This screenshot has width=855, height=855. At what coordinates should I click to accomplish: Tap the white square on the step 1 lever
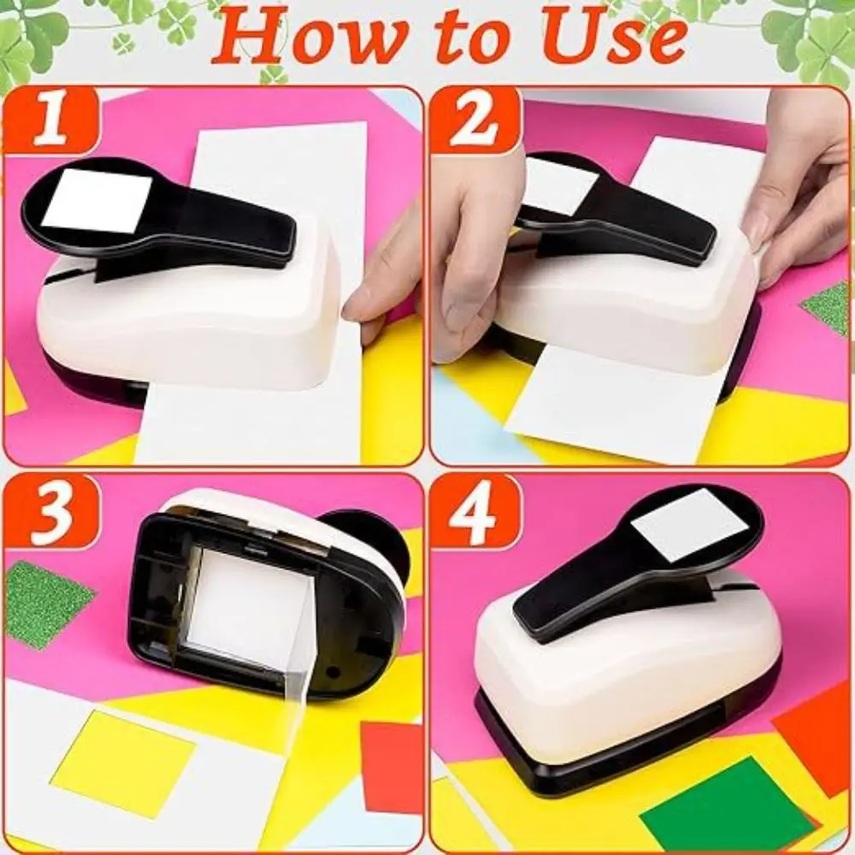(x=96, y=201)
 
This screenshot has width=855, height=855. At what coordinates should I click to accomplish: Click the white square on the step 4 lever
(x=693, y=524)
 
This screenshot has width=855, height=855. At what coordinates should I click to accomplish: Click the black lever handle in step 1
(x=231, y=227)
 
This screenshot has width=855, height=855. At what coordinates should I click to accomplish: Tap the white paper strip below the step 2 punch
(x=616, y=402)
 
